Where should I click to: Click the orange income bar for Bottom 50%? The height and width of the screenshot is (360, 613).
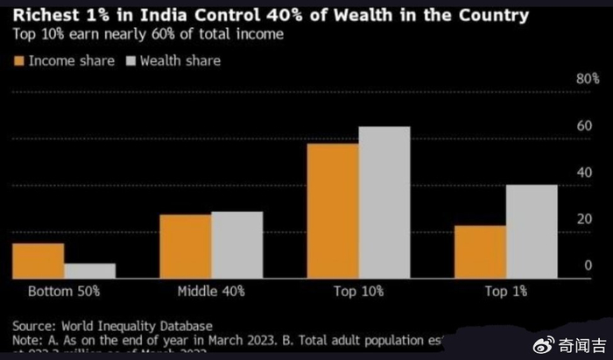coord(38,260)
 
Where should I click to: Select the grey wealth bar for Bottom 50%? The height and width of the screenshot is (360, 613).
coord(89,271)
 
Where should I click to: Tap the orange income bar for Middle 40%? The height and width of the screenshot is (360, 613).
coord(185,246)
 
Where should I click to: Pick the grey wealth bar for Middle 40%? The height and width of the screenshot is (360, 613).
coord(236,244)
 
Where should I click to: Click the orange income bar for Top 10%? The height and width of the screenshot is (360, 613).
coord(332,210)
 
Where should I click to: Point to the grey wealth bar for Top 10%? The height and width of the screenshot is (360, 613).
coord(384,202)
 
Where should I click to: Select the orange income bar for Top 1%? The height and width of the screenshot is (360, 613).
coord(479,251)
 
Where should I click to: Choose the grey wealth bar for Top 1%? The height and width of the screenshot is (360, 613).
coord(531,231)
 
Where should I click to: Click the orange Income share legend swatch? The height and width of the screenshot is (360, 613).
coord(19,61)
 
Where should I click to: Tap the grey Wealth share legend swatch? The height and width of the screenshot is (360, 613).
coord(132,61)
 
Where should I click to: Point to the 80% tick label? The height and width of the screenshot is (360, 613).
coord(585,79)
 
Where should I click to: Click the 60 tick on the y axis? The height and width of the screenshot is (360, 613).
coord(588,126)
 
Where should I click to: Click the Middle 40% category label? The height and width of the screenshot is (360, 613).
coord(211,290)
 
